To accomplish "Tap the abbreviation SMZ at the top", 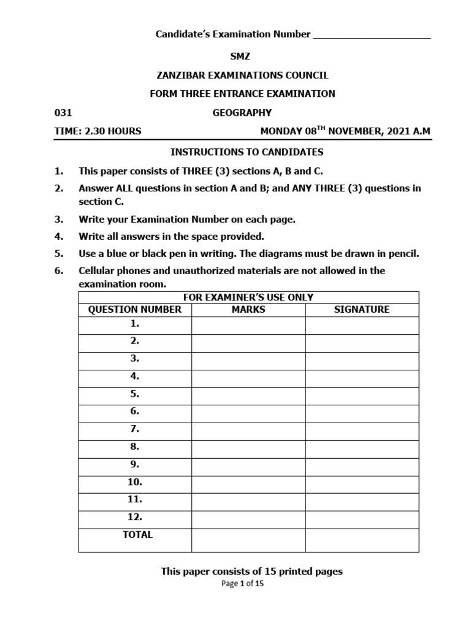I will coord(240,56).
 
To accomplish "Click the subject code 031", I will coord(63,113).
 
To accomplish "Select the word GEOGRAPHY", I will coord(242,113).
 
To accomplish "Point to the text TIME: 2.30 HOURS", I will coord(98,131).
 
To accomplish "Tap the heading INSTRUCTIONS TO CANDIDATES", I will coord(247,152).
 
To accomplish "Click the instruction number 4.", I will coord(59,236).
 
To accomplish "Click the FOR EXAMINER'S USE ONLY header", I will coord(248,297).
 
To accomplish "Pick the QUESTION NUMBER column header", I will coord(135,310).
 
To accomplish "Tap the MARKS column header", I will coord(248,310).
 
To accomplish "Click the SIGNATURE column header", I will coord(362,310).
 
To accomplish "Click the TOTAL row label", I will coord(137,535).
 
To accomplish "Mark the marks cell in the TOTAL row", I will coord(248,540).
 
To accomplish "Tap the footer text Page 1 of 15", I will coord(242,584).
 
